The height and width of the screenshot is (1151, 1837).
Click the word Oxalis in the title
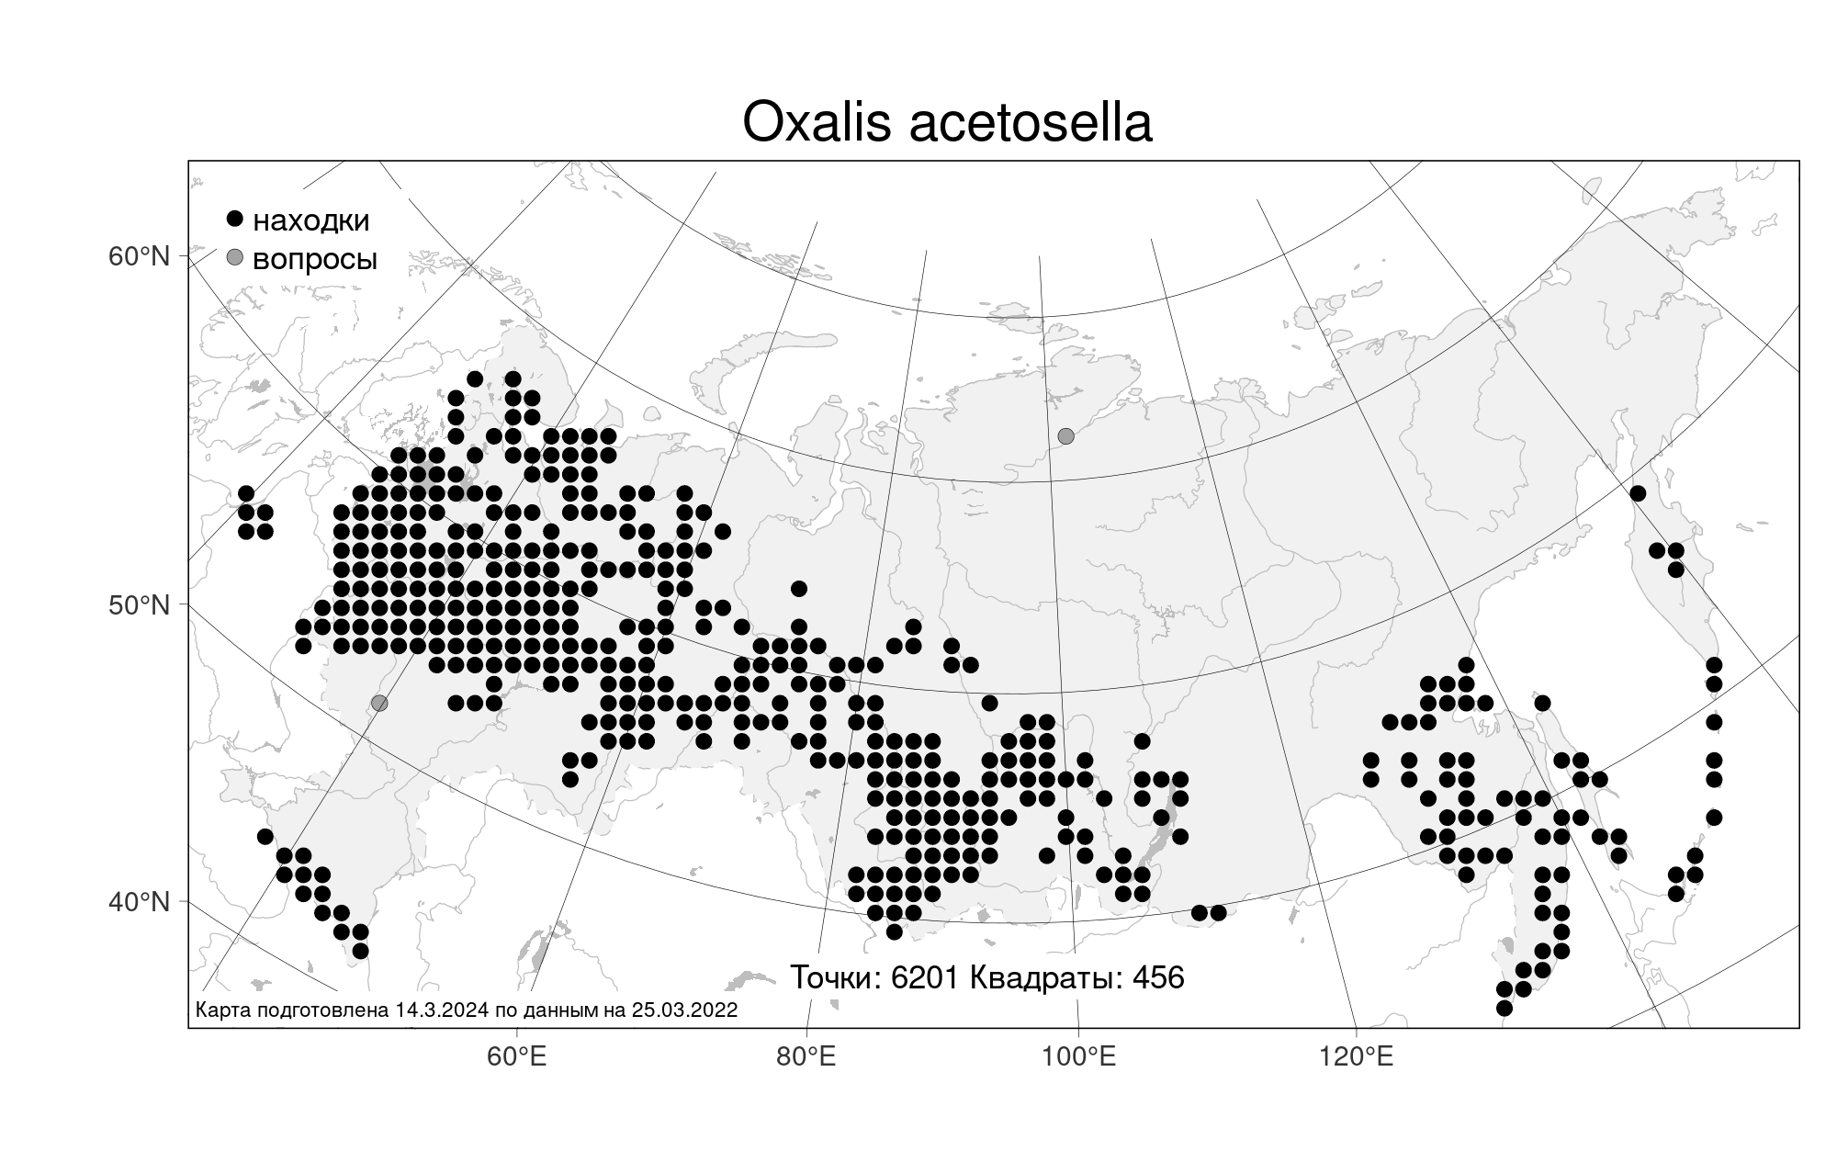817,122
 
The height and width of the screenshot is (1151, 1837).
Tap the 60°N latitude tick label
140,255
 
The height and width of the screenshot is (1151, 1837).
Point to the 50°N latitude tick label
140,605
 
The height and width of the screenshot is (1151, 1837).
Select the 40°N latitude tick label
140,901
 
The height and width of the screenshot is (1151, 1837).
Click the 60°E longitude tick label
516,1056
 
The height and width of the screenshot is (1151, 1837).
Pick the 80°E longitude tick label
806,1056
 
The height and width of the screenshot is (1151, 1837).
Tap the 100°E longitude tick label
1078,1056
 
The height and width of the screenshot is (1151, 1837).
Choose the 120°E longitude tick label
1356,1056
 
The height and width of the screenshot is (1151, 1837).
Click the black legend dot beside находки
235,219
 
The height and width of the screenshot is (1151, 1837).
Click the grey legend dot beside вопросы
235,258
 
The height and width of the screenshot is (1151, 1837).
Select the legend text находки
311,220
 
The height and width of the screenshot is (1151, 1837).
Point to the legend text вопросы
315,261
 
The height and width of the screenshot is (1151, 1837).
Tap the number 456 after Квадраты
1158,977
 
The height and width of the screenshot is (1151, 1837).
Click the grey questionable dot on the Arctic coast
1065,435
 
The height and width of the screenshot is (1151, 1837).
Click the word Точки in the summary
836,978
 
